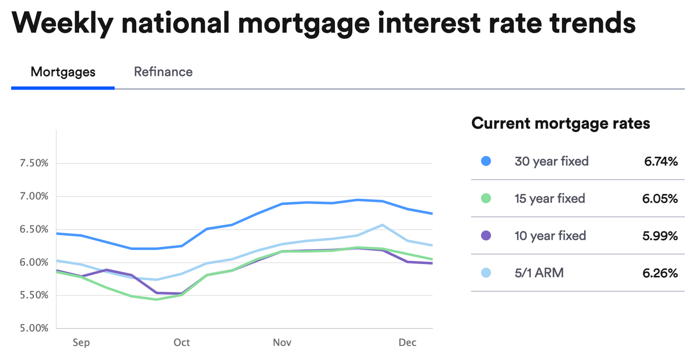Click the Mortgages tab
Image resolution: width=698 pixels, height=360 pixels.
(x=63, y=72)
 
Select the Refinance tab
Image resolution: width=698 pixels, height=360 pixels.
(x=163, y=72)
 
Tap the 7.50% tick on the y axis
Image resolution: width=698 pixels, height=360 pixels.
(x=34, y=163)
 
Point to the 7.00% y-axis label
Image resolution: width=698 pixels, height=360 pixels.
(x=34, y=196)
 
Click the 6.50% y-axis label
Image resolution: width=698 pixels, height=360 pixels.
(x=34, y=229)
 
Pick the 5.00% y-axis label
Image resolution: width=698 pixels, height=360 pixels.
(x=34, y=328)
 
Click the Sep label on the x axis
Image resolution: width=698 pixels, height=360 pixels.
(x=81, y=343)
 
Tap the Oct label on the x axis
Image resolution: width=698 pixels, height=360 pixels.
(x=182, y=343)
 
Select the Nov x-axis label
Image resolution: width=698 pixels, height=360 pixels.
(x=282, y=343)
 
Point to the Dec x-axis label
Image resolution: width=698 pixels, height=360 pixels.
(x=407, y=343)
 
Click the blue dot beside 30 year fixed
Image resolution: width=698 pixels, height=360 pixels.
(x=486, y=161)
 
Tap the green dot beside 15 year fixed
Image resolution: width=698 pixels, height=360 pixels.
(x=486, y=198)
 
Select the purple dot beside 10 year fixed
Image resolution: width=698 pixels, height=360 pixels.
(x=486, y=235)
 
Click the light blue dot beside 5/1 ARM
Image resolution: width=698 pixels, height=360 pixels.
(x=486, y=273)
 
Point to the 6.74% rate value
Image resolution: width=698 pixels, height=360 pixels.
(x=661, y=161)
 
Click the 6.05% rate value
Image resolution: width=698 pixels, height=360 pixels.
(x=661, y=198)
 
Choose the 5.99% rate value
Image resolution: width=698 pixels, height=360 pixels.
(x=661, y=235)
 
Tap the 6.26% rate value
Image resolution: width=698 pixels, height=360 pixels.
(x=661, y=273)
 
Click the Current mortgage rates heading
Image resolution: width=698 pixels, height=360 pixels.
(x=560, y=123)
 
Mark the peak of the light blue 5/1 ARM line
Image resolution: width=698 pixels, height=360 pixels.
(x=382, y=225)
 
